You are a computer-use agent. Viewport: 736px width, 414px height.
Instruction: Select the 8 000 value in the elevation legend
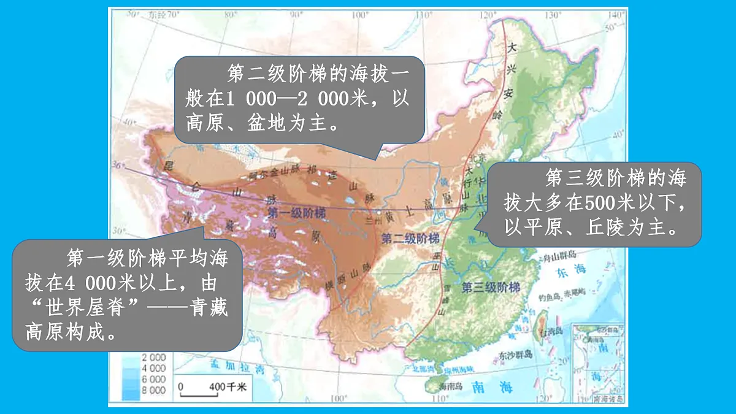pyautogui.click(x=153, y=390)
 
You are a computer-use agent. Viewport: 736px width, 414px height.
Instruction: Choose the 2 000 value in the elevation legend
pyautogui.click(x=153, y=358)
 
